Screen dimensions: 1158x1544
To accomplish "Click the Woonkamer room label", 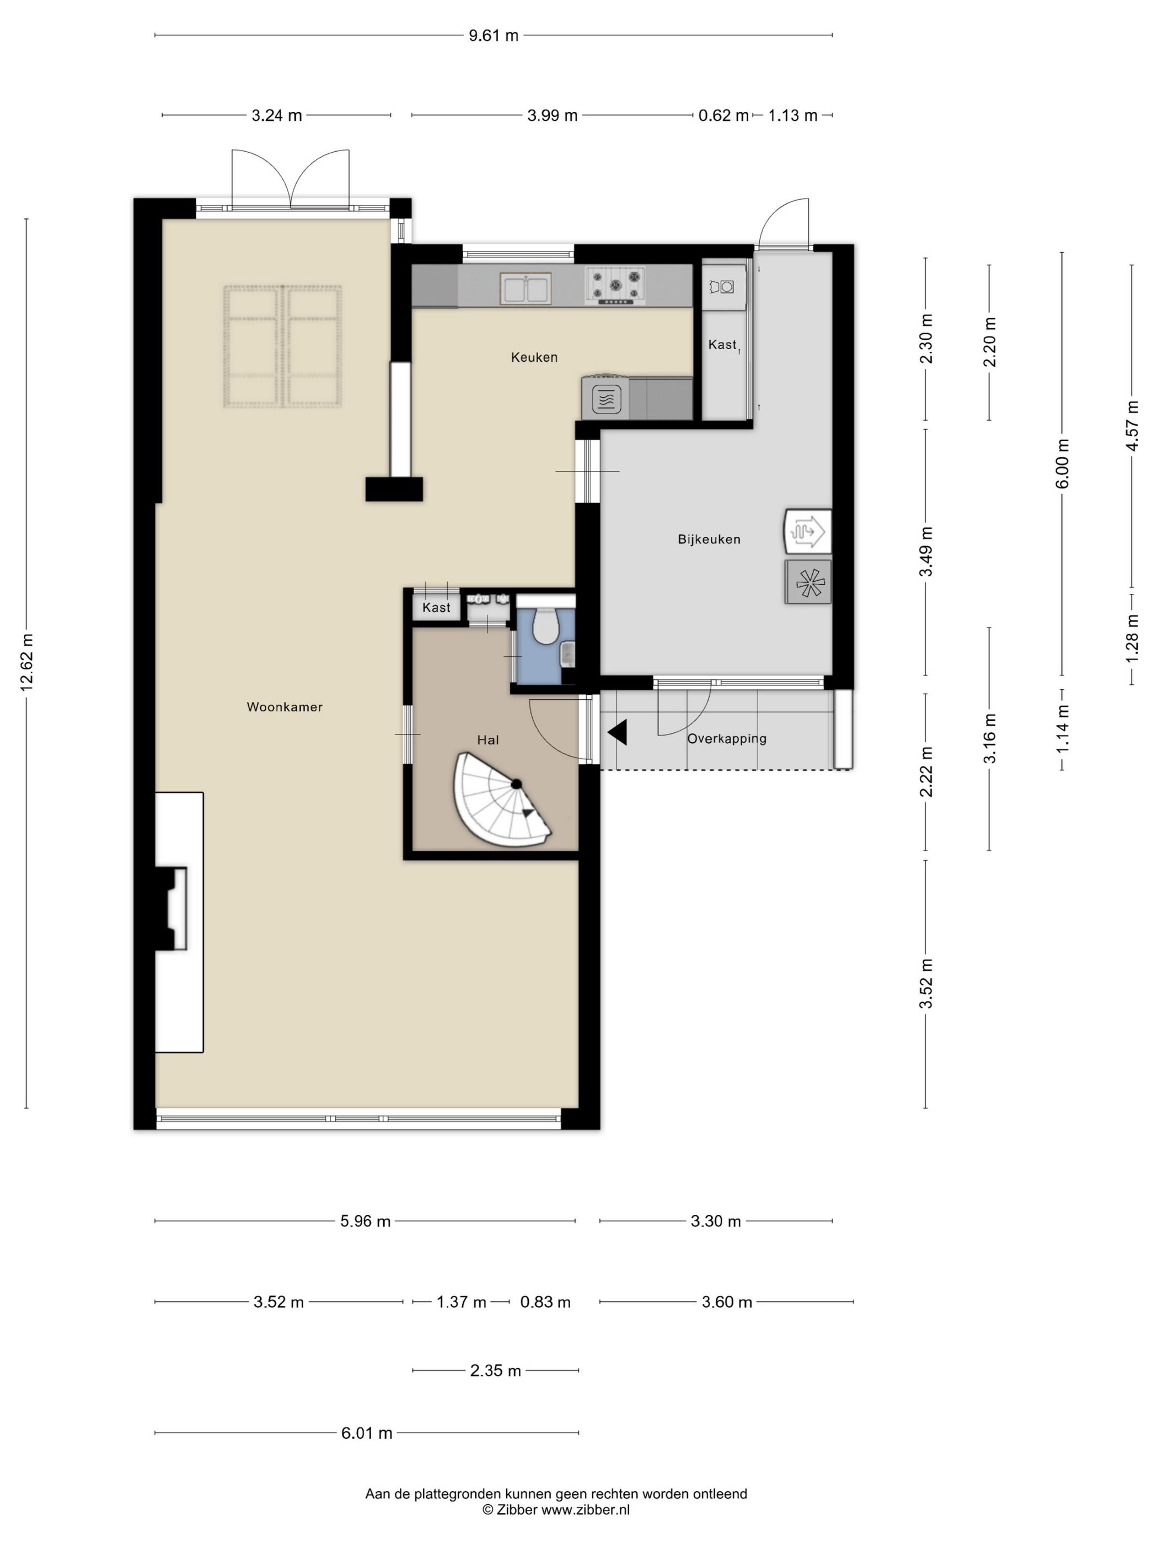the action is point(285,707).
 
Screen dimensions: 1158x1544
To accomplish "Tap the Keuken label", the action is point(534,357).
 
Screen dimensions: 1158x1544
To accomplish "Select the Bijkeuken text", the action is point(709,539).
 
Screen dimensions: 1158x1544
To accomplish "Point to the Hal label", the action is point(488,740).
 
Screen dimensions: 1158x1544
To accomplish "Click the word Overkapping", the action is point(727,738).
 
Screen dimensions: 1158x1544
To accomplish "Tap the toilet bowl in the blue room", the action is point(544,625).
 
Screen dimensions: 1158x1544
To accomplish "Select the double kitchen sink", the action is point(526,288).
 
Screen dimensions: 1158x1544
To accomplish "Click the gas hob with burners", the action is point(615,286).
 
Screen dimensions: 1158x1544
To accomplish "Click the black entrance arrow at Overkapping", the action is point(617,732).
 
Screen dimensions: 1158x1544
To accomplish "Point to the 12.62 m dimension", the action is point(26,662).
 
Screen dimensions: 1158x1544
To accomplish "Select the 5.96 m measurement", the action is point(365,1221).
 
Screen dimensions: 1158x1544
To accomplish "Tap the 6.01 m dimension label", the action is point(367,1433).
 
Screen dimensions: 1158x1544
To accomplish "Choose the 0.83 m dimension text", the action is point(545,1302).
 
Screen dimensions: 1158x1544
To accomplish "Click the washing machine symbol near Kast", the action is point(723,286).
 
